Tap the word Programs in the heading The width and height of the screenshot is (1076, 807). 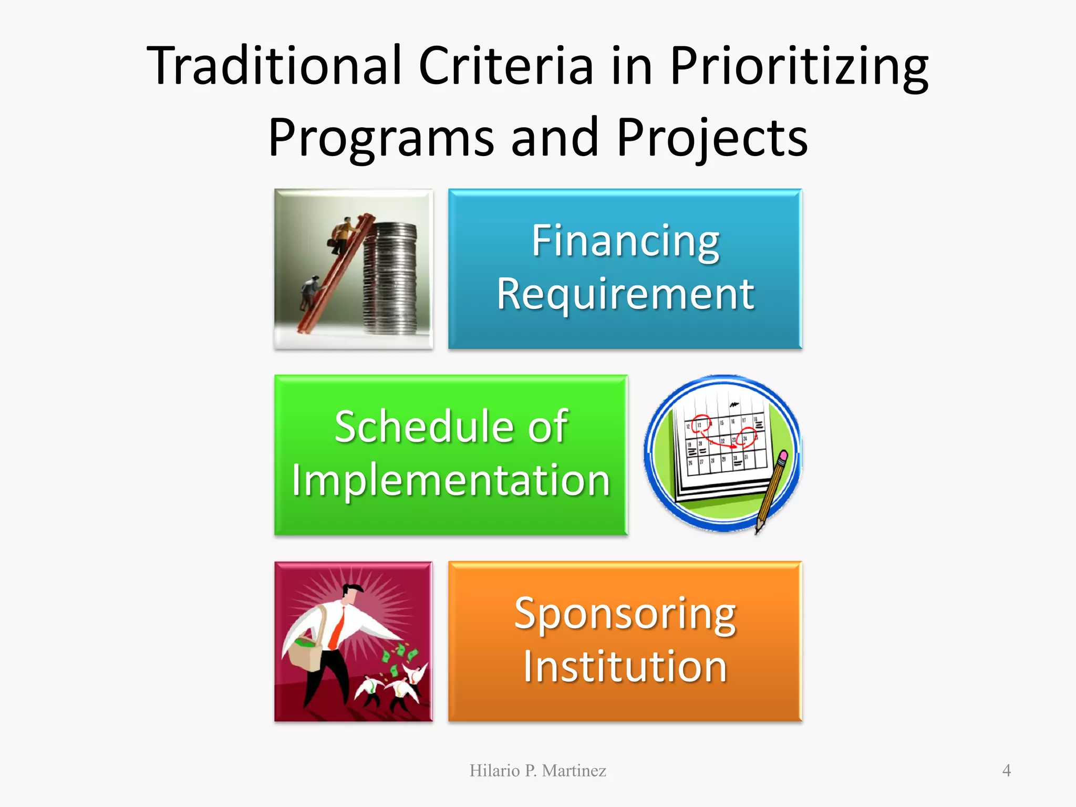click(381, 138)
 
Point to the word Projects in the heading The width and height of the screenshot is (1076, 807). click(712, 138)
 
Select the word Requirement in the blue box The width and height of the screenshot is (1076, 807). click(625, 294)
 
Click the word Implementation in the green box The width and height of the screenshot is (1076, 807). click(451, 480)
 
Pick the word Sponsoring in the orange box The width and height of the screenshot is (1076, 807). click(625, 614)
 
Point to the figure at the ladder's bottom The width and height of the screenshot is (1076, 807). click(309, 292)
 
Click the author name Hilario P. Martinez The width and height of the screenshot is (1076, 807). click(537, 771)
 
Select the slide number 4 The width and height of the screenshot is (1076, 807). click(1006, 771)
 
